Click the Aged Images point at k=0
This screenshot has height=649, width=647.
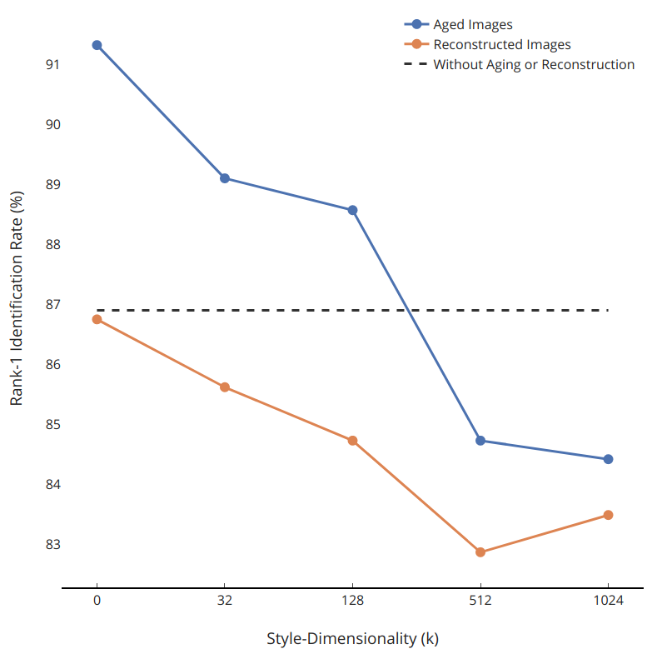click(x=97, y=45)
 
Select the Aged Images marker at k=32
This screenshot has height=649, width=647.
click(x=225, y=178)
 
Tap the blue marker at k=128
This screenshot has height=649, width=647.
click(x=352, y=210)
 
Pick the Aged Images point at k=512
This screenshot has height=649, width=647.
click(x=480, y=441)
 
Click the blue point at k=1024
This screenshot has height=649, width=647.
click(x=608, y=459)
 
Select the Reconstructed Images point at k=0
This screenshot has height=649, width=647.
click(x=97, y=319)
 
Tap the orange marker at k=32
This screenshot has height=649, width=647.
click(x=225, y=387)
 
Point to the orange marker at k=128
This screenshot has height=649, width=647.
click(x=352, y=441)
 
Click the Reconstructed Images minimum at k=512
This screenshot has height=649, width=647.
click(x=480, y=552)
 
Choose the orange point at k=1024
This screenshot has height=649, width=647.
click(x=608, y=515)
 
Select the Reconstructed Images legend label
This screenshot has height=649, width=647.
click(x=502, y=45)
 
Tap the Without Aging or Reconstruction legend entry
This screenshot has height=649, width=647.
click(x=534, y=65)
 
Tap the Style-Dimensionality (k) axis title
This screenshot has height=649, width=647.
click(x=352, y=639)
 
